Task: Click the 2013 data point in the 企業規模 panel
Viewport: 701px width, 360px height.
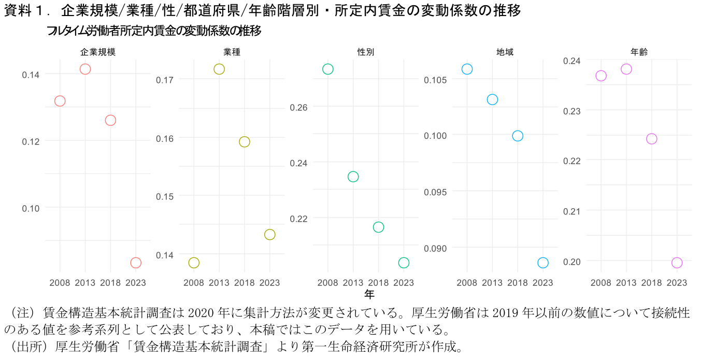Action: click(x=85, y=69)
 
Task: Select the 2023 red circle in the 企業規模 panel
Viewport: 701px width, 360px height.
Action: click(x=136, y=263)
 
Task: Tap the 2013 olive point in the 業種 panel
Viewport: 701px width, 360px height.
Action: click(x=219, y=69)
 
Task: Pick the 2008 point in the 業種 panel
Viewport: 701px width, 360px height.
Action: click(x=194, y=263)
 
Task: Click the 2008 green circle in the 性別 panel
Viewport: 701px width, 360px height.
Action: click(x=327, y=69)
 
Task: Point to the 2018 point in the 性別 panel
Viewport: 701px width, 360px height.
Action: click(x=378, y=227)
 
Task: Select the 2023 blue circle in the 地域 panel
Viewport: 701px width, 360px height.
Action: click(x=543, y=263)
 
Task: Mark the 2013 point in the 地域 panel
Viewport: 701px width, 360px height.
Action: click(x=492, y=99)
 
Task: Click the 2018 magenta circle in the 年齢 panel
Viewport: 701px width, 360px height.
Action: click(x=652, y=139)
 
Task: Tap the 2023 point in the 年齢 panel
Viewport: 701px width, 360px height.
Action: click(x=677, y=263)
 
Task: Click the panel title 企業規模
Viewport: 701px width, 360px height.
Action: click(x=98, y=52)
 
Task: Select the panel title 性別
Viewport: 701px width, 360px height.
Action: click(x=366, y=52)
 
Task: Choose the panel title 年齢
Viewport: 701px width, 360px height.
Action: click(x=639, y=52)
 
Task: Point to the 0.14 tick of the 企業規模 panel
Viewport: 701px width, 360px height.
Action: click(x=31, y=75)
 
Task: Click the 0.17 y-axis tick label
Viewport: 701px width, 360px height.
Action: click(x=165, y=80)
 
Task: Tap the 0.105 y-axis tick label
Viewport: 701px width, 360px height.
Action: click(x=434, y=80)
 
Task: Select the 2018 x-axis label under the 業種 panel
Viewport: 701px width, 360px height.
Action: click(x=245, y=282)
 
